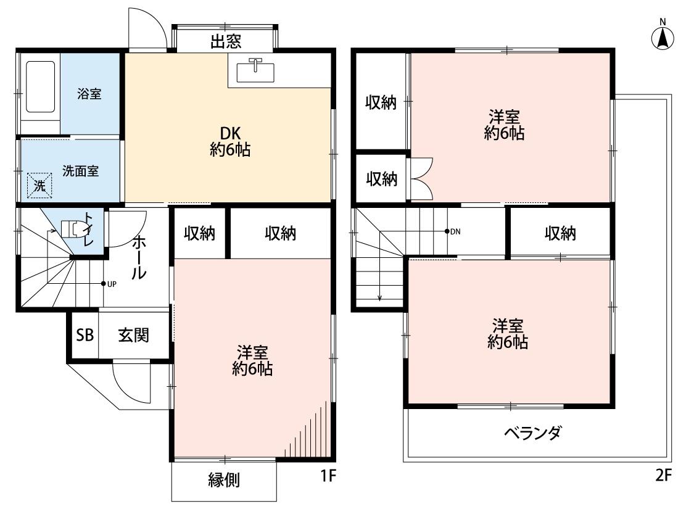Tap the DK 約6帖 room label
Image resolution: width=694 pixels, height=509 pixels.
coord(229,141)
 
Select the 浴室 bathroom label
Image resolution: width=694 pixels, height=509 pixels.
coord(89,94)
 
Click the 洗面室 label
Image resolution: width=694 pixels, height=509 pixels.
coord(80,171)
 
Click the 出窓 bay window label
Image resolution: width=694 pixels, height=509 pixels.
coord(226,42)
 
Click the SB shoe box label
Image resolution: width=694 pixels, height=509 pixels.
coord(85,335)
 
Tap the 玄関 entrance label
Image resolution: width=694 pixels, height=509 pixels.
coord(133,335)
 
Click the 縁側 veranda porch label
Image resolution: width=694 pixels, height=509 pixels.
coord(224,480)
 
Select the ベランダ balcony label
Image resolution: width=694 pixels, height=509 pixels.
coord(532,432)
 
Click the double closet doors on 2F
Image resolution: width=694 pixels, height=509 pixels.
coord(421,179)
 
